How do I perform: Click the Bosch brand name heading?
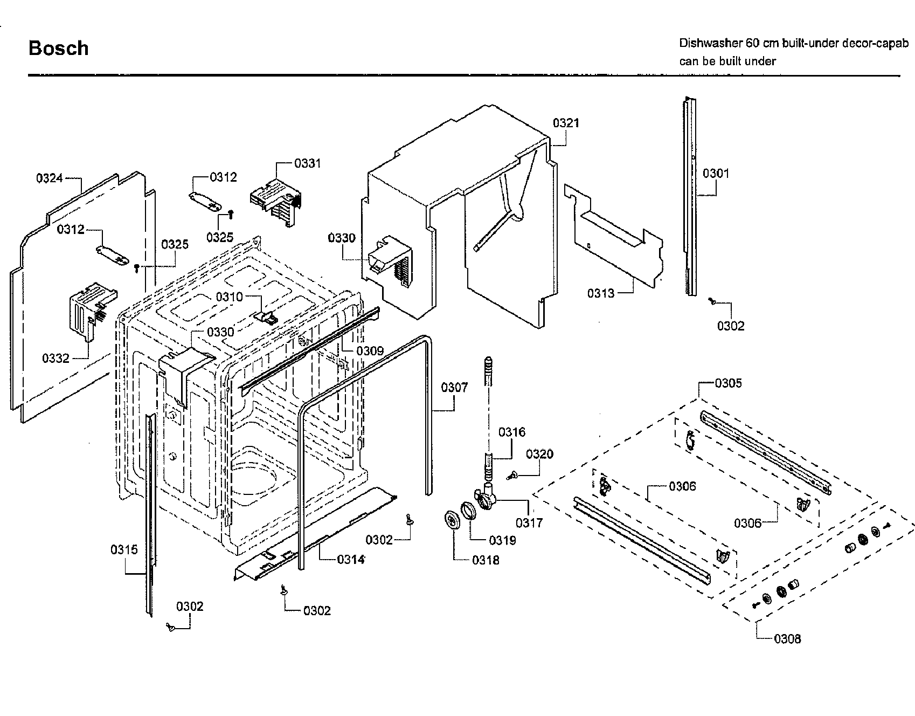58,49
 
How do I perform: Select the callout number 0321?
566,123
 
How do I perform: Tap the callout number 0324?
50,178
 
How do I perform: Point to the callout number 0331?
307,163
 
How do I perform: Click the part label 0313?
600,293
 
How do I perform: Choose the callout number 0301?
716,173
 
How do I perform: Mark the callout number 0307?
454,387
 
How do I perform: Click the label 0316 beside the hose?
511,432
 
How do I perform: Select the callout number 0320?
539,454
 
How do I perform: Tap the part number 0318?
486,560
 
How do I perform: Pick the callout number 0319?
502,540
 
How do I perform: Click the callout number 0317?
529,522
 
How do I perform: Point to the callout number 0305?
728,383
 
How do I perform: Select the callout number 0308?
787,639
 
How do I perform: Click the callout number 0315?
124,550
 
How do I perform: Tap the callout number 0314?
351,559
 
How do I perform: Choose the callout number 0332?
56,359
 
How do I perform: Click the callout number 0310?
229,297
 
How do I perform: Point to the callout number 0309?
370,352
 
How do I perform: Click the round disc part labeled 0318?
451,521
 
